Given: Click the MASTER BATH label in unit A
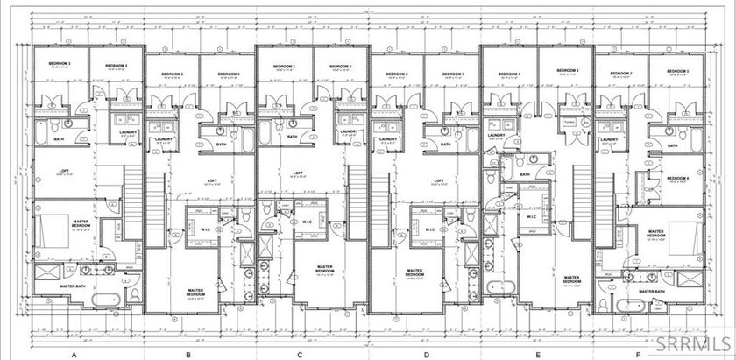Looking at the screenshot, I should click(x=76, y=286).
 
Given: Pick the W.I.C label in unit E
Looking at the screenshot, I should click(x=532, y=215).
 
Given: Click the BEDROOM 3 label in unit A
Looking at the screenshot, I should click(x=59, y=65).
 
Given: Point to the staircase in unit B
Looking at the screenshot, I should click(x=155, y=208).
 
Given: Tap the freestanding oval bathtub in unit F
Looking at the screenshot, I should click(x=629, y=305).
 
